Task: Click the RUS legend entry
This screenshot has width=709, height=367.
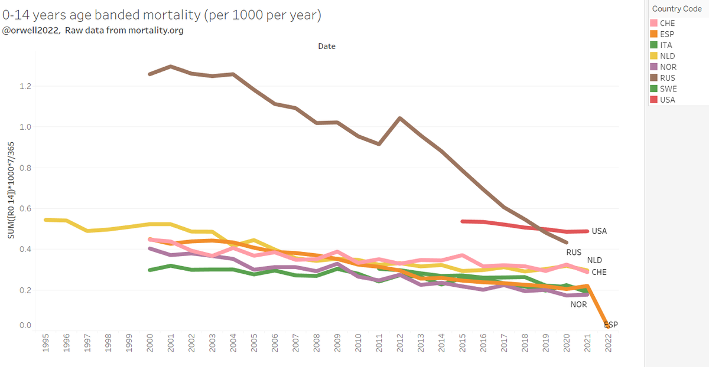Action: (x=668, y=78)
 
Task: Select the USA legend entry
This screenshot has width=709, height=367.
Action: (x=668, y=100)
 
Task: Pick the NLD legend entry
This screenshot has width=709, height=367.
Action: (x=668, y=56)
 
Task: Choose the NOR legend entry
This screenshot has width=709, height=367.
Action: (x=668, y=67)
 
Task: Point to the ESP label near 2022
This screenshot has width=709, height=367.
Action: (x=611, y=325)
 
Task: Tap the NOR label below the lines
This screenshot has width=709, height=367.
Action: (x=578, y=304)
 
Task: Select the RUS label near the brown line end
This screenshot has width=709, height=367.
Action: (x=574, y=253)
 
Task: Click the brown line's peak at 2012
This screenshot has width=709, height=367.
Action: (x=401, y=118)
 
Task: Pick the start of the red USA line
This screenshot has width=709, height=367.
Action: (x=463, y=221)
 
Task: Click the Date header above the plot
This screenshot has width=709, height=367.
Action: (x=327, y=46)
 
